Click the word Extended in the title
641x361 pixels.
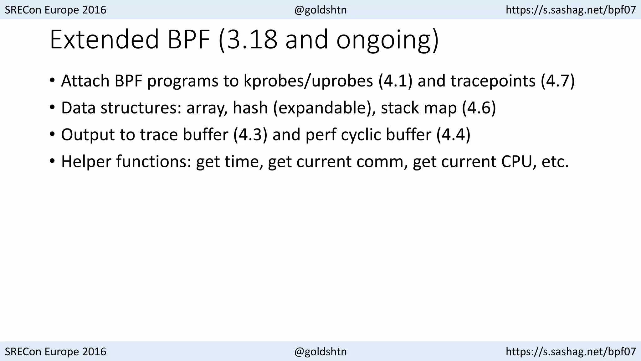tap(104, 39)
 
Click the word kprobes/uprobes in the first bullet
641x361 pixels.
tap(308, 81)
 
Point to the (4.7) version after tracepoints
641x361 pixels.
tap(558, 81)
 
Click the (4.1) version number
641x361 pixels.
tap(396, 81)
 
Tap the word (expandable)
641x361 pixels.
tap(324, 108)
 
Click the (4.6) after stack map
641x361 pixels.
tap(479, 108)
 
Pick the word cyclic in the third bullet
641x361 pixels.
tap(361, 135)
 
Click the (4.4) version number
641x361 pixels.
tap(453, 135)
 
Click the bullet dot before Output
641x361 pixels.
tap(52, 135)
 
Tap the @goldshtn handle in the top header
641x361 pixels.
tap(320, 10)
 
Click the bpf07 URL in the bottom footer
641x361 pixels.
tap(571, 352)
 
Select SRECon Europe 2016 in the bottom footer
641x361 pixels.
tap(56, 352)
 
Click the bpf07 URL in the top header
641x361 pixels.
tap(571, 10)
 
